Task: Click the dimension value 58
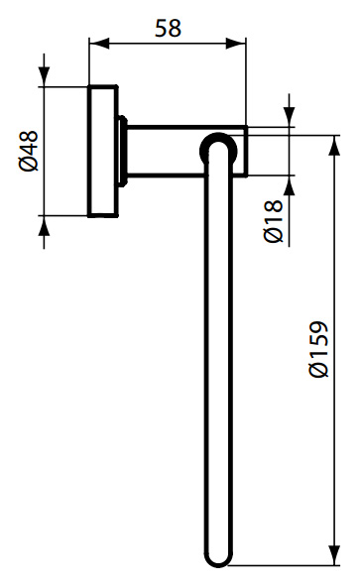[168, 27]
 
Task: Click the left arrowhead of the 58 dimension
[96, 45]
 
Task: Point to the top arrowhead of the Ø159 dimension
[330, 136]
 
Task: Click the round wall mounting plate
[102, 151]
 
